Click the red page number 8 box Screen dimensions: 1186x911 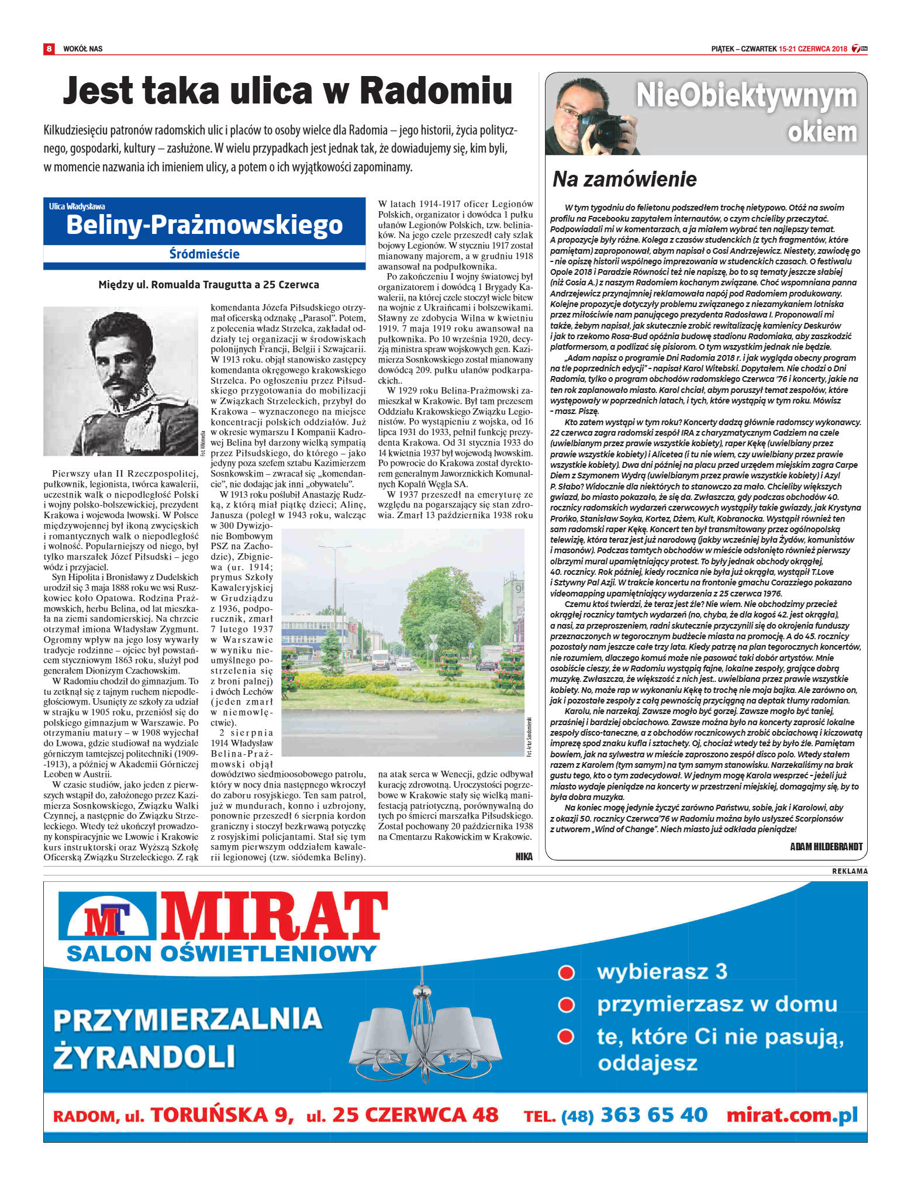49,49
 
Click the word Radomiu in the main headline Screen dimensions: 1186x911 436,91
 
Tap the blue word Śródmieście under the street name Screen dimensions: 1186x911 204,254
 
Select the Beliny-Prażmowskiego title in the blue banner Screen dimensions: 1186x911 204,225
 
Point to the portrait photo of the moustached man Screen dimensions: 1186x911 120,381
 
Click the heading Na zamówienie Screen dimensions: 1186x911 624,179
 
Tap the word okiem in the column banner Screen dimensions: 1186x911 822,132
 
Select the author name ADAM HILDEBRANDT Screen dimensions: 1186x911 826,846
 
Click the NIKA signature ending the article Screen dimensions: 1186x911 524,856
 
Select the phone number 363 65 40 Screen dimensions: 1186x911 654,1115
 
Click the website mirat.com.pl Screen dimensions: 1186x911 792,1115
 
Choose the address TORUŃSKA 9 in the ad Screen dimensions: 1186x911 222,1115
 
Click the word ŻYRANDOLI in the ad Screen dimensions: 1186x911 144,1057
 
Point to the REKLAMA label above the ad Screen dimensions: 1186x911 850,871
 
